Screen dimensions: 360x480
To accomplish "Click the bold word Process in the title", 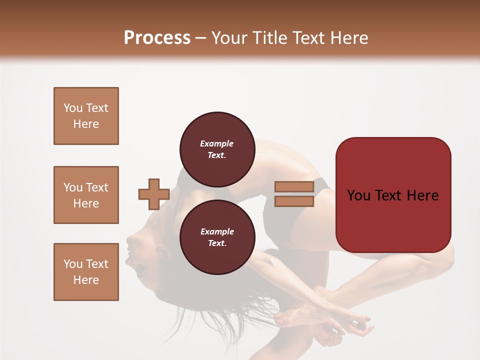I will tap(157, 38).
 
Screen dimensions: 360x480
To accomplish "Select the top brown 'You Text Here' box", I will tap(86, 116).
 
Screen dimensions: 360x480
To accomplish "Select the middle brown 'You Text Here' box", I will tap(86, 195).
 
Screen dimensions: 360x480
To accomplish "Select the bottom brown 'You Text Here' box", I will tap(86, 272).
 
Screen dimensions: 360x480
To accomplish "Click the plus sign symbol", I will tap(154, 194).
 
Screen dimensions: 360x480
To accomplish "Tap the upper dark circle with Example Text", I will tap(217, 149).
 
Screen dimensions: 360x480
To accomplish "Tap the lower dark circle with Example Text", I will tap(217, 237).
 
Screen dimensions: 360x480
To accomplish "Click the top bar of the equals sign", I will tap(294, 186).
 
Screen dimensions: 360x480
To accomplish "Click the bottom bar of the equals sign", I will tap(294, 201).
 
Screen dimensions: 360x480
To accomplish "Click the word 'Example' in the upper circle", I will tap(217, 143).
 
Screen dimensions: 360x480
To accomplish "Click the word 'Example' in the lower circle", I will tap(217, 231).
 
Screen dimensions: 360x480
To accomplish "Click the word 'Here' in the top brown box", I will tap(86, 124).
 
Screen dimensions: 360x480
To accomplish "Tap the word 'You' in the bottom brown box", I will tap(73, 264).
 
